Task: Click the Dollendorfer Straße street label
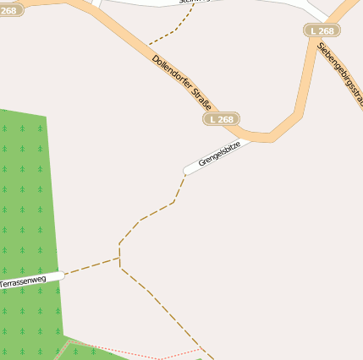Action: [181, 88]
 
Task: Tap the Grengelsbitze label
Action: [219, 153]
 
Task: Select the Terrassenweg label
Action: [22, 280]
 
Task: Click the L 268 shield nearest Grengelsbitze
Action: [221, 119]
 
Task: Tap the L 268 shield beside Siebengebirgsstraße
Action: [322, 30]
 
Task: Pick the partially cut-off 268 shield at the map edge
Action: [8, 10]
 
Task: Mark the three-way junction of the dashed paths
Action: [119, 258]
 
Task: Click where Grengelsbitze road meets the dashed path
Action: [184, 174]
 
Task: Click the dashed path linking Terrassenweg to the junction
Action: [91, 265]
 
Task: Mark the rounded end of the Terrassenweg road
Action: [62, 275]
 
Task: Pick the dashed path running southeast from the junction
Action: [165, 308]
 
